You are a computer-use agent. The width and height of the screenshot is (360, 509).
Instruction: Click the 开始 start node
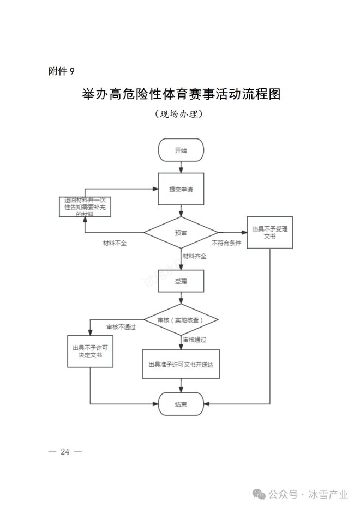181,150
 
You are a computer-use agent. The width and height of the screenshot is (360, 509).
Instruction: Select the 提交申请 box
181,189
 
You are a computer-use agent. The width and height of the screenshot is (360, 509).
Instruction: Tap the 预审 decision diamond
181,233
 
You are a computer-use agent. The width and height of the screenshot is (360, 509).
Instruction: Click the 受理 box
181,282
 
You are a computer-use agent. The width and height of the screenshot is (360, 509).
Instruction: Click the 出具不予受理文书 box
269,233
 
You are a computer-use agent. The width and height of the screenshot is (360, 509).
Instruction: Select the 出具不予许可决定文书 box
90,350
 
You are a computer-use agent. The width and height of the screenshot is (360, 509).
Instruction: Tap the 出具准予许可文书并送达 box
181,364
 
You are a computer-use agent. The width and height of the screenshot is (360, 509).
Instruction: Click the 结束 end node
181,404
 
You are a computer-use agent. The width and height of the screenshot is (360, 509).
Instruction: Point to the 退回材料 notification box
85,207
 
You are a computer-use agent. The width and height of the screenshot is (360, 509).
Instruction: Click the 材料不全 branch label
115,243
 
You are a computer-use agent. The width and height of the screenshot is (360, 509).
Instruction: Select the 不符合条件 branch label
226,243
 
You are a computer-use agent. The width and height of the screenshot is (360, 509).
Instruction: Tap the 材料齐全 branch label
194,256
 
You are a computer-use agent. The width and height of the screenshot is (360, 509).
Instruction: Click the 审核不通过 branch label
121,327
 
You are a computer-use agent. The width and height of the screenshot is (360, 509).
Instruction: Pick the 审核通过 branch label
194,340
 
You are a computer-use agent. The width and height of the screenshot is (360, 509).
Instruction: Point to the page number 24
65,451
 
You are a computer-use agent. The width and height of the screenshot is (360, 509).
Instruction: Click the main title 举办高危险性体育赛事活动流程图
181,94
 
